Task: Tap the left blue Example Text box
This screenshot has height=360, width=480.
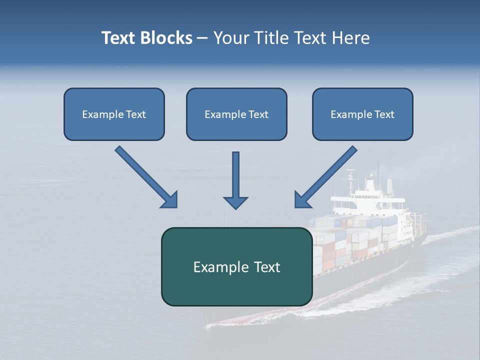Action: pyautogui.click(x=114, y=114)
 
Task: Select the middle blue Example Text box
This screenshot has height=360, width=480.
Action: pyautogui.click(x=236, y=114)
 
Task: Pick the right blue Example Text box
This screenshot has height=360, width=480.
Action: pyautogui.click(x=362, y=114)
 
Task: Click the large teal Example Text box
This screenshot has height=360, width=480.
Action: pyautogui.click(x=236, y=266)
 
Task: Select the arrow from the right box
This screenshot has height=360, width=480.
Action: pyautogui.click(x=327, y=175)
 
